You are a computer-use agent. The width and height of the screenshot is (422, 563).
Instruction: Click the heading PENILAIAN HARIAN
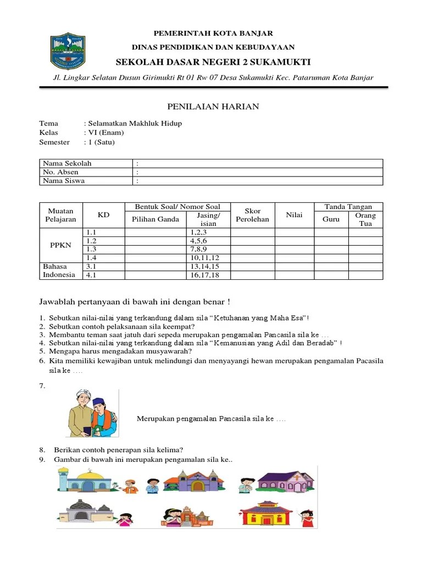click(213, 106)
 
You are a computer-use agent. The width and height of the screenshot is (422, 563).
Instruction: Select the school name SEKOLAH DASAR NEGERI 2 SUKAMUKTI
click(213, 61)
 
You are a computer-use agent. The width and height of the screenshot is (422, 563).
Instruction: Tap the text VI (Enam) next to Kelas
click(105, 133)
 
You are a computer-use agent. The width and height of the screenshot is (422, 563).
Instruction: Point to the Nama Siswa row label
click(64, 181)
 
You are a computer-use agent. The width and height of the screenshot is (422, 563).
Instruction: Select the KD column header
click(103, 215)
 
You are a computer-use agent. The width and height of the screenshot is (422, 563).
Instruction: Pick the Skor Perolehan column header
click(252, 215)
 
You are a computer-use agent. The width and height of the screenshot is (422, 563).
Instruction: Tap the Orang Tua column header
click(365, 219)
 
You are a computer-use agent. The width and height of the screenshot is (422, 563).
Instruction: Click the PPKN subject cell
click(60, 245)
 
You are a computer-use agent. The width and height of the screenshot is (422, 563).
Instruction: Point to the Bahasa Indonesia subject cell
click(59, 271)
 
